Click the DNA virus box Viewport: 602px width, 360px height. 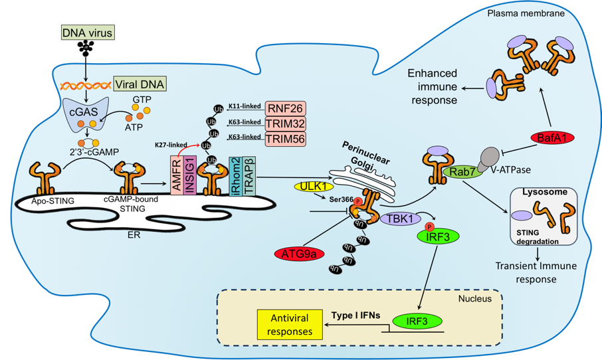click(x=86, y=31)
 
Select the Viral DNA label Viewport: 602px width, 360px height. click(x=141, y=84)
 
